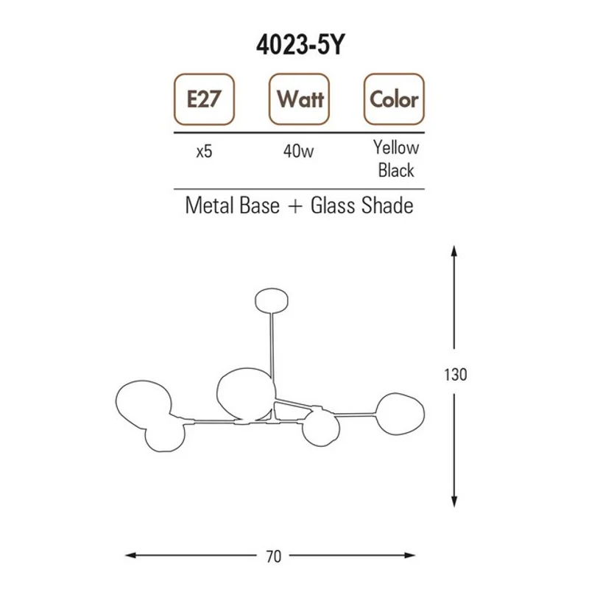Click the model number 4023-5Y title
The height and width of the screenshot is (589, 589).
coord(300,46)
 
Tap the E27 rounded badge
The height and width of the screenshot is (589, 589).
coord(204,99)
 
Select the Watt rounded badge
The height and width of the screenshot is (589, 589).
coord(299,99)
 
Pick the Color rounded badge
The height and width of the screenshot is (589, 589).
coord(394,99)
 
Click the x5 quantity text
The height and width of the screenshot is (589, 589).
coord(205,152)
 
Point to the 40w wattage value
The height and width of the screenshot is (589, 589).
coord(299,151)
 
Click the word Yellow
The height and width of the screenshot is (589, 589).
coord(396,148)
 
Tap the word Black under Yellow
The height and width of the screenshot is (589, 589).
coord(396,170)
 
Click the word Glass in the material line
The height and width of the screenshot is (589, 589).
coord(333,205)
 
